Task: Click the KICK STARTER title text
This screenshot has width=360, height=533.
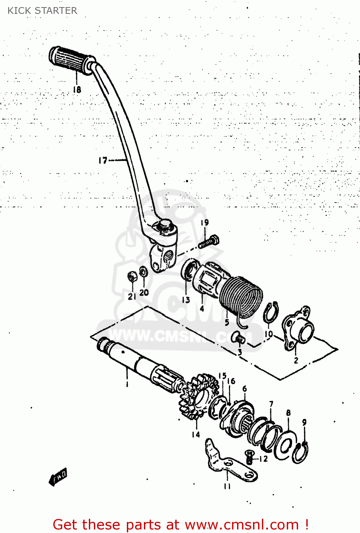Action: tap(42, 11)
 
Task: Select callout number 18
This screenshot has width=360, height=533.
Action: tap(77, 90)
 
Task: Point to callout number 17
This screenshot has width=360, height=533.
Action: tap(102, 161)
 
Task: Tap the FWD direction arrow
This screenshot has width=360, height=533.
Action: tap(58, 476)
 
